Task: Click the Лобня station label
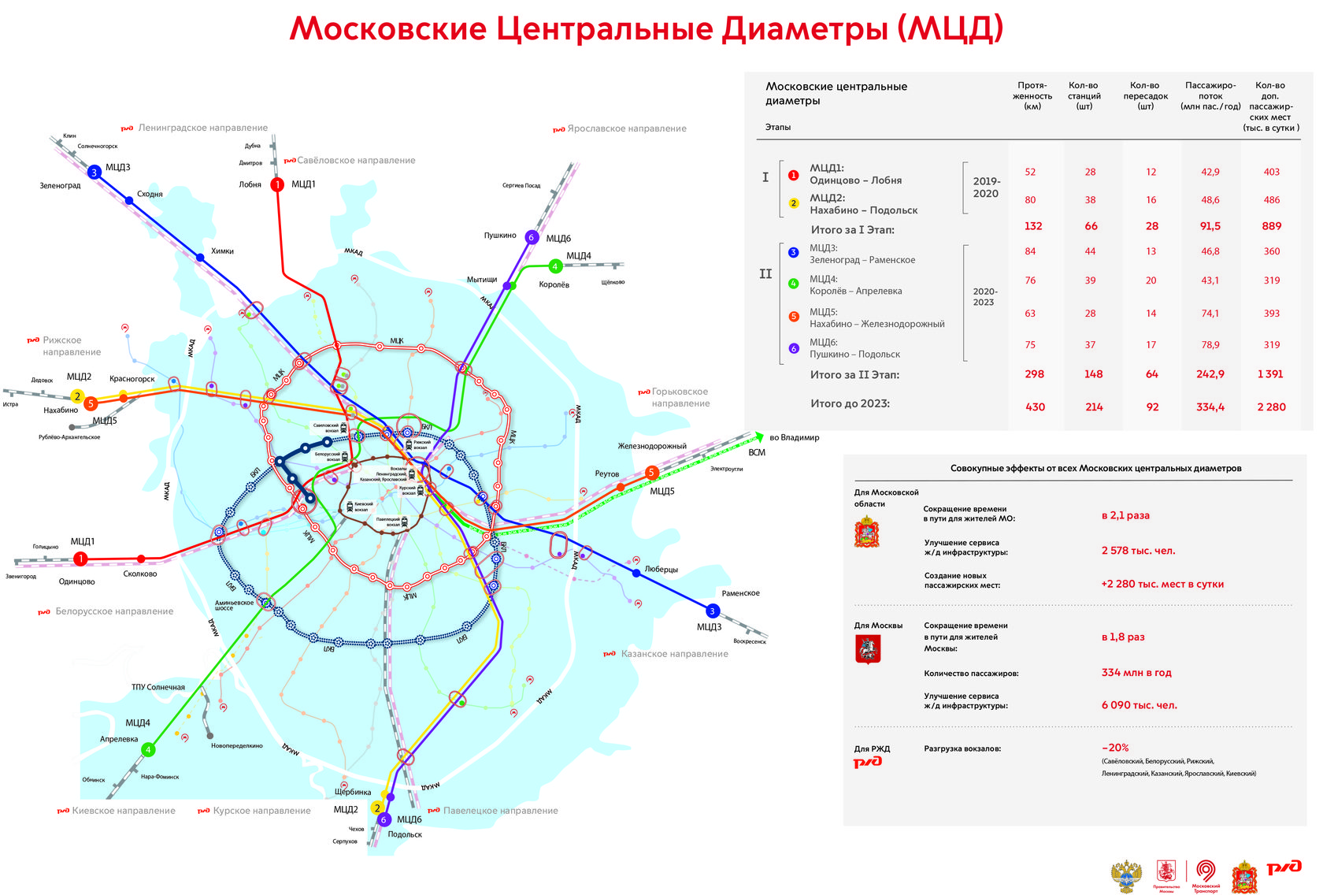250,184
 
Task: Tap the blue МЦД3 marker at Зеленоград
94,172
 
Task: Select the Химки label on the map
222,251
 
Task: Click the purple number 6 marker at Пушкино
532,237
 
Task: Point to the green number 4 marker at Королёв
555,266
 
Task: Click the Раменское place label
740,593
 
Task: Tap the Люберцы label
661,569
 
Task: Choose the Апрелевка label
119,739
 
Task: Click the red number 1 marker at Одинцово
80,559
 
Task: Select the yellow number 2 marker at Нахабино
77,396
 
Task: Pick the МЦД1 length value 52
1030,172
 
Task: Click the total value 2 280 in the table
1271,407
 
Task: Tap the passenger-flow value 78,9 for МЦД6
1210,345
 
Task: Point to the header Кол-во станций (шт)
1084,95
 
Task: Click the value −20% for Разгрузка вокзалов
1115,748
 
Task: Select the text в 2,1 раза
1125,515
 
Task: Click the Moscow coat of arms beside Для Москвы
867,649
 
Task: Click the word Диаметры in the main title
805,29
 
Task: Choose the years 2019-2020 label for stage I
986,187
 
